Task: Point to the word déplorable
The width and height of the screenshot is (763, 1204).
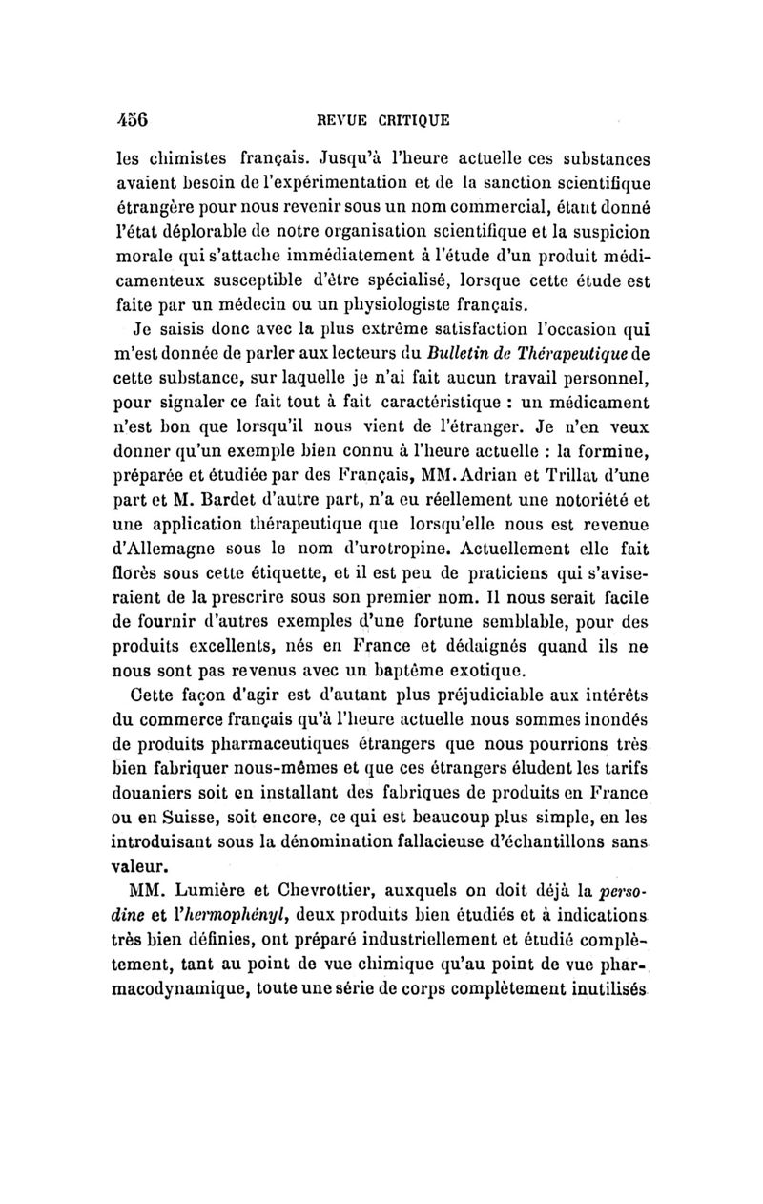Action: click(x=205, y=230)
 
